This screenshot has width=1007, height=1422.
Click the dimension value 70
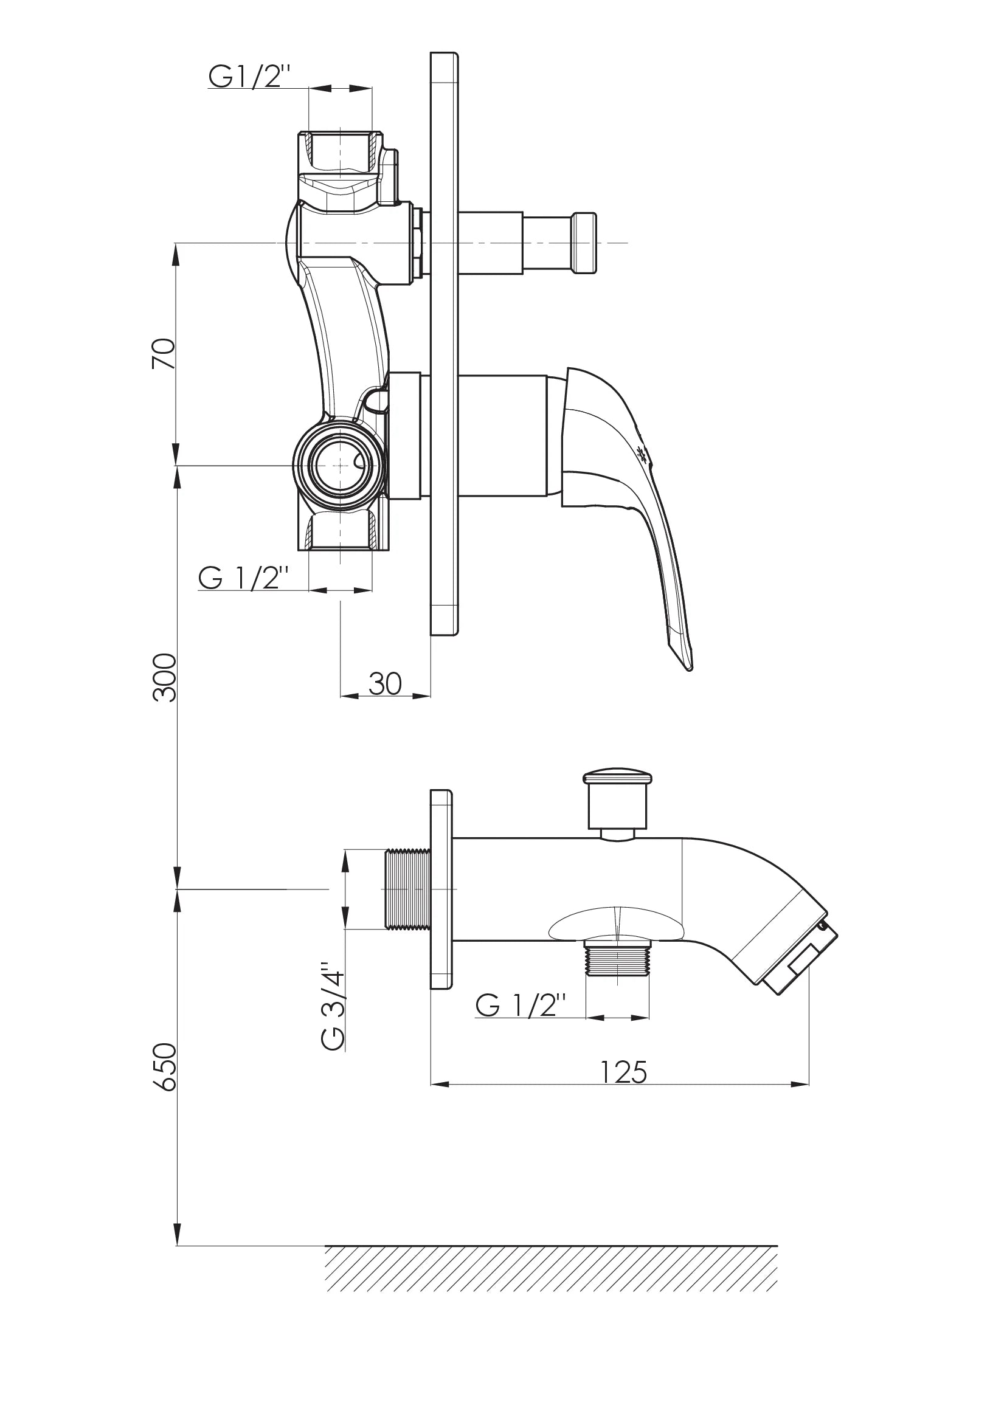pos(164,353)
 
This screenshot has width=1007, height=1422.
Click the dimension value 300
pos(164,677)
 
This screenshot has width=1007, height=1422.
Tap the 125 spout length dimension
pos(624,1072)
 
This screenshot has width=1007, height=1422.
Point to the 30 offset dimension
pos(385,683)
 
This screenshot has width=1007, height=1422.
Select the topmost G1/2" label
pos(249,77)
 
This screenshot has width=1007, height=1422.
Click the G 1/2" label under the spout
pos(521,1005)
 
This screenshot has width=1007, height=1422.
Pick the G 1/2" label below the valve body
pos(244,578)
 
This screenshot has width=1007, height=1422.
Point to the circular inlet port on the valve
pos(340,465)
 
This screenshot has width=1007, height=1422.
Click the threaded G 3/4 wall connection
pos(408,889)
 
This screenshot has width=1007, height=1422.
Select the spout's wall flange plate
pos(441,889)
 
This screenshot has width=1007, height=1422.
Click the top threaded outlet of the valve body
pos(341,152)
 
